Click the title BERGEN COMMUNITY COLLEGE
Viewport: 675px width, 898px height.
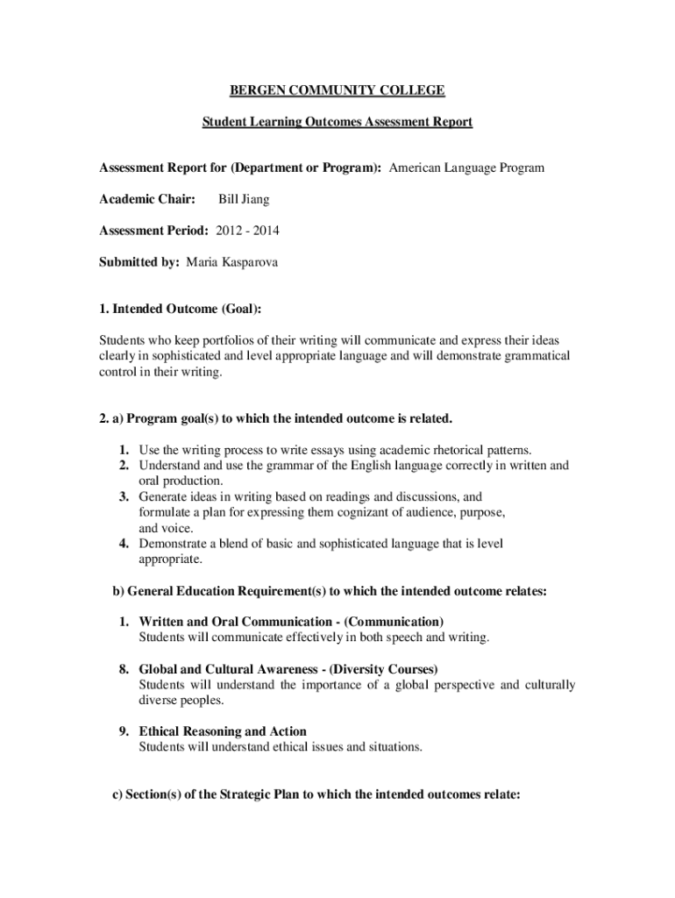337,90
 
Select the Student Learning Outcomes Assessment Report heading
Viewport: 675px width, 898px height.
337,122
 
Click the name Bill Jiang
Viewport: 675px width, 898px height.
244,200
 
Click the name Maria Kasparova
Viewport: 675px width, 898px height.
232,262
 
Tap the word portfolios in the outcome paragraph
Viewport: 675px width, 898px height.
219,340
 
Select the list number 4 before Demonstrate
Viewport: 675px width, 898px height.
124,544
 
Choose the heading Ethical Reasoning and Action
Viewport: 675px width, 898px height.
223,731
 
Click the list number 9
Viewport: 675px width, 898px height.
124,731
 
